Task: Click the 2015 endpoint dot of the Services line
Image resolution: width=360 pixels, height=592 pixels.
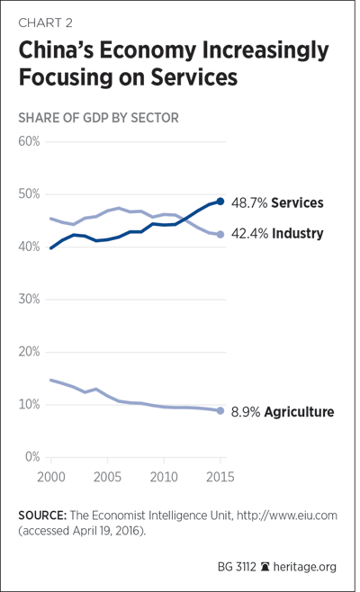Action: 220,202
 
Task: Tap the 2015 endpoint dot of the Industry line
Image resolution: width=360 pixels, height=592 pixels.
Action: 220,235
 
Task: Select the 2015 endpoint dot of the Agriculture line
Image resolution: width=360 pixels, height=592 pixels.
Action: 220,411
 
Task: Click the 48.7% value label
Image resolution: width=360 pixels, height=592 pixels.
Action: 249,202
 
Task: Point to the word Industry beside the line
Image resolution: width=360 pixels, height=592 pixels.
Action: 298,234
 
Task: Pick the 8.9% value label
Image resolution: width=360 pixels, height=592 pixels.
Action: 246,412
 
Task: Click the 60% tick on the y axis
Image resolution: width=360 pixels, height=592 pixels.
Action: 29,141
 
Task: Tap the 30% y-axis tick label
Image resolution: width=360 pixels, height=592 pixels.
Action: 29,300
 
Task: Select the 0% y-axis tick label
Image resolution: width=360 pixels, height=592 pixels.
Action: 32,457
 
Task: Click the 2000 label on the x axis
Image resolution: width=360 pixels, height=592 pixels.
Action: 51,477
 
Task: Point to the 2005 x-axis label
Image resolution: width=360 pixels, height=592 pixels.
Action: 107,477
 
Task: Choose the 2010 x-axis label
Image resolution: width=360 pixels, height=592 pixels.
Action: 164,477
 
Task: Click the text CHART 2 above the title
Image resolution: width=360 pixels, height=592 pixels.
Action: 45,23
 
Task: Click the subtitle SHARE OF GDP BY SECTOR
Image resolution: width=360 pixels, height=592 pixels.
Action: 99,118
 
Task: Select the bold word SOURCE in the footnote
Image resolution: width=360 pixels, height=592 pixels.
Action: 42,516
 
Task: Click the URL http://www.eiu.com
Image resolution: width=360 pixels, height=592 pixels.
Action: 287,516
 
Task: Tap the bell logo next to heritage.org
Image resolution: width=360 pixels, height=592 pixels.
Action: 265,567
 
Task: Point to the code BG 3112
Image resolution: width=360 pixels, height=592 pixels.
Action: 237,567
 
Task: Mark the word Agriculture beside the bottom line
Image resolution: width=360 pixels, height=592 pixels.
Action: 299,412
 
